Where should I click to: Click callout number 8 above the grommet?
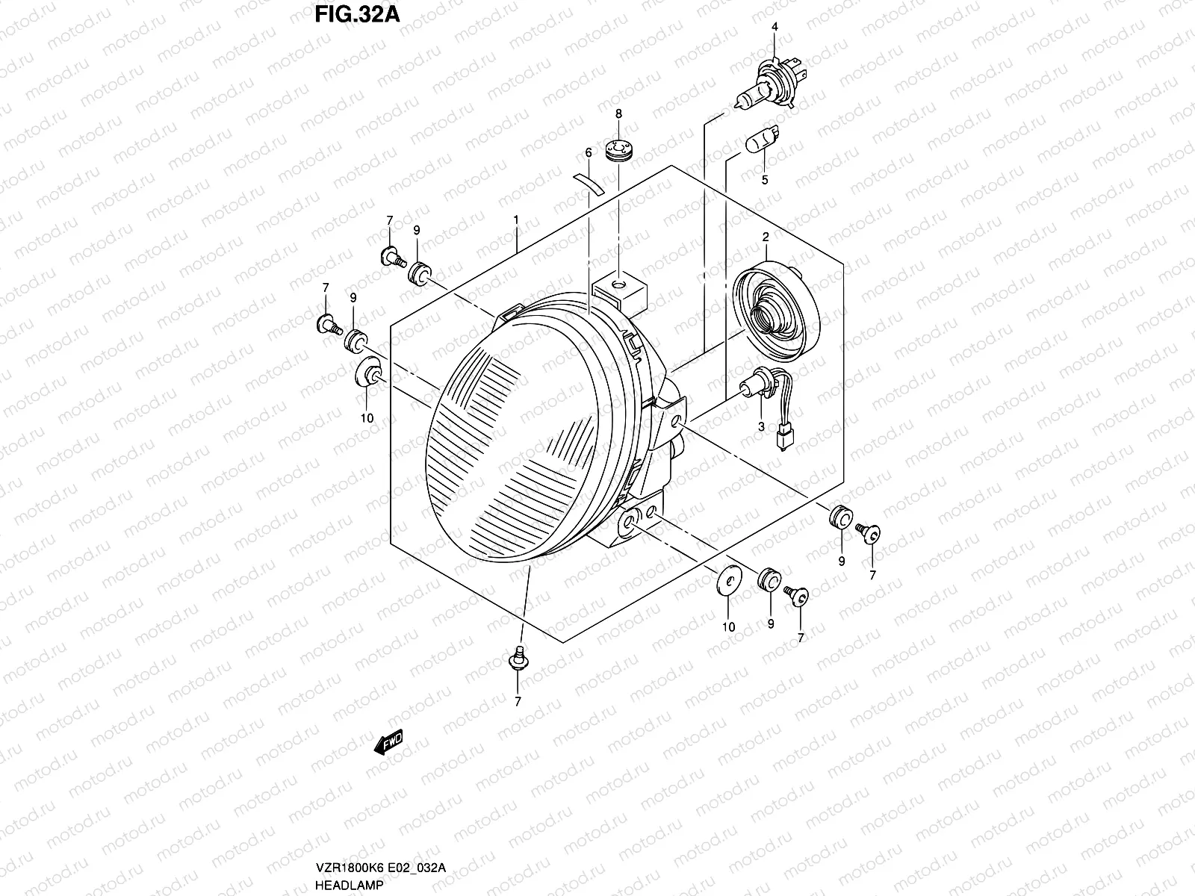point(618,113)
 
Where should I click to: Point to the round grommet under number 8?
point(618,149)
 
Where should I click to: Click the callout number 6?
point(589,152)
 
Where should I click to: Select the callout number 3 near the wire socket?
point(761,426)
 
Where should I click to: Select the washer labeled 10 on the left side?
point(366,373)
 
